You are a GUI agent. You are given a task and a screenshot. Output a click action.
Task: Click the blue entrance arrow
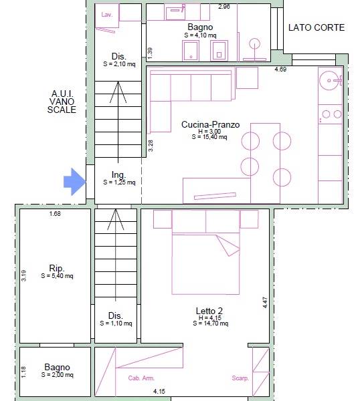click(74, 182)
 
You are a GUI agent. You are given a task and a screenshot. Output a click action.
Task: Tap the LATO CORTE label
click(317, 27)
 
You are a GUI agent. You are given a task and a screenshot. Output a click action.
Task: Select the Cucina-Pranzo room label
click(211, 124)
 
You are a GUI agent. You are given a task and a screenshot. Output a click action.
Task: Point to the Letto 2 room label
click(209, 311)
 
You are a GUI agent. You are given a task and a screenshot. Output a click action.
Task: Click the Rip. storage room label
click(57, 268)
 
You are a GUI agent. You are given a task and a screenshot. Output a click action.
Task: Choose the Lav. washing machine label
click(107, 15)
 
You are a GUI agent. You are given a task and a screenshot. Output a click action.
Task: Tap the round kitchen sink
click(329, 81)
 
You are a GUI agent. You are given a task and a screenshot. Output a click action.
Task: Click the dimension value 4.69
click(280, 69)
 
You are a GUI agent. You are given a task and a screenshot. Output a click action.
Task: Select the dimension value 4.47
click(265, 303)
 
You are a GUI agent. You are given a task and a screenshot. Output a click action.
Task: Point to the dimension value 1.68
click(55, 214)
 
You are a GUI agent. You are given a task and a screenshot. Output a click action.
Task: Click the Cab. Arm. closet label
click(141, 378)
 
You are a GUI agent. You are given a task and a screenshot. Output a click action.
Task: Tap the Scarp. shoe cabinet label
click(240, 378)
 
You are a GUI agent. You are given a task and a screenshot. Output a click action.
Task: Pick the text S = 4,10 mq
click(200, 35)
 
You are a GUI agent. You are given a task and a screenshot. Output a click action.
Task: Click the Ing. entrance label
click(119, 174)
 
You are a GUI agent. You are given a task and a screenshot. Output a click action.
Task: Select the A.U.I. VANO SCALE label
click(62, 102)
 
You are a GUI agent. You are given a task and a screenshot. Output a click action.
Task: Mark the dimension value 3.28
click(151, 146)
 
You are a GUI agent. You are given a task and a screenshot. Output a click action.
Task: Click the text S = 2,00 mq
click(58, 375)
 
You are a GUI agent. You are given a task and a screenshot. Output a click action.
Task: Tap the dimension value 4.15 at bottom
click(159, 391)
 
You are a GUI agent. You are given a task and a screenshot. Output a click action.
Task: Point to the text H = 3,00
click(209, 131)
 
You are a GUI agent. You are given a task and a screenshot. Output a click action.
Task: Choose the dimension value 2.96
click(224, 7)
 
